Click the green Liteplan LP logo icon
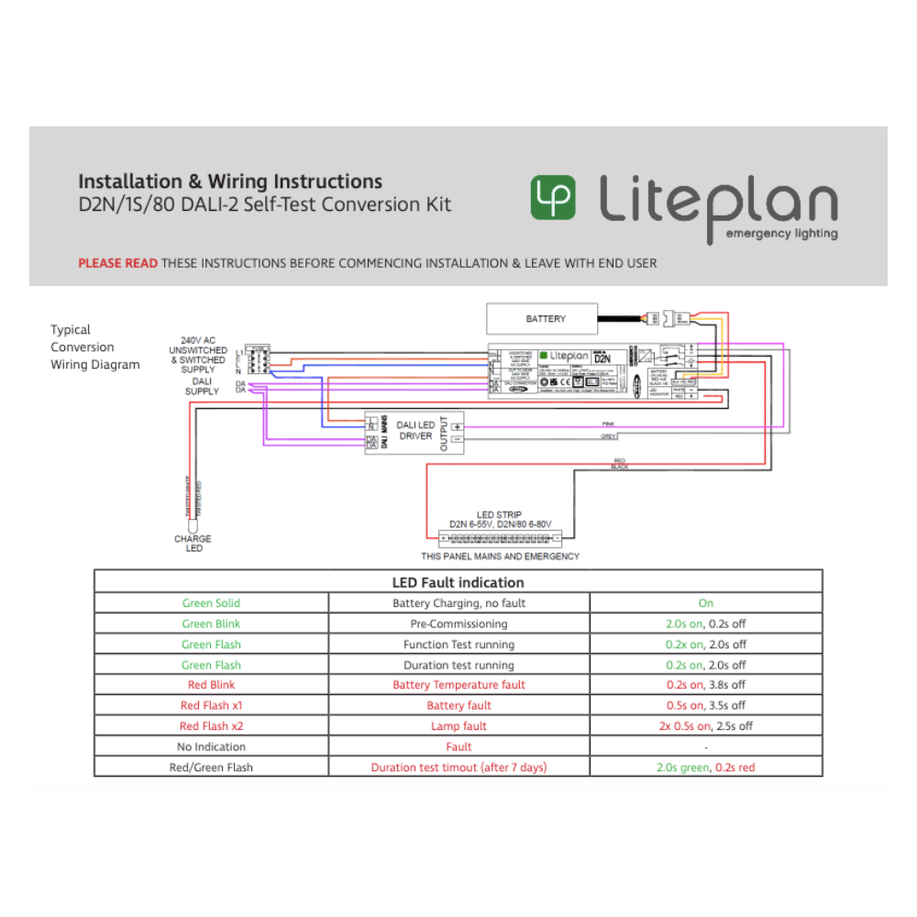click(553, 197)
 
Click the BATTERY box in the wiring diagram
click(546, 319)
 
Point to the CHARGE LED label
click(193, 544)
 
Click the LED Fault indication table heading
click(458, 582)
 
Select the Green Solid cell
click(211, 603)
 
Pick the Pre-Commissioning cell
click(458, 624)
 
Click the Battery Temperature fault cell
click(458, 685)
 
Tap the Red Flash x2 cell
click(211, 726)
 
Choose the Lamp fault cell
click(458, 726)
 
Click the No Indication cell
click(211, 746)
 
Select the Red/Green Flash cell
click(211, 768)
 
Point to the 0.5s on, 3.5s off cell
click(705, 706)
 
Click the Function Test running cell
click(458, 645)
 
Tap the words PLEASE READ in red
click(117, 263)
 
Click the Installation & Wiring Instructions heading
click(230, 182)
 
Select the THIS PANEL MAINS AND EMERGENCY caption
click(500, 557)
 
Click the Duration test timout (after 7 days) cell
click(458, 768)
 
